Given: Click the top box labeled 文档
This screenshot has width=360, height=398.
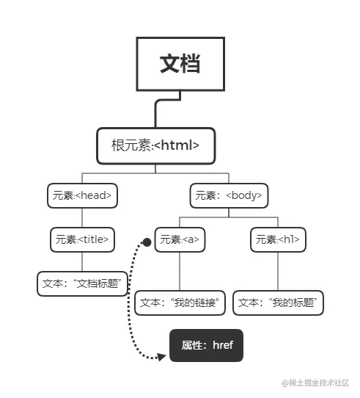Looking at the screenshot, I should point(180,64).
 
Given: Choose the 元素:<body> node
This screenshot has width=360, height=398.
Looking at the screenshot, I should point(228,196).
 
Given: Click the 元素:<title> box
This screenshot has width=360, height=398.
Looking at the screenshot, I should point(83,239).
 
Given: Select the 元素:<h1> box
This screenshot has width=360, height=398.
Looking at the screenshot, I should point(278,239).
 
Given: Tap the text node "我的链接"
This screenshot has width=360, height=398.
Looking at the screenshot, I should point(180,302).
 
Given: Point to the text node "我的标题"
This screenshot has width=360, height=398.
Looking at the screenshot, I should point(278,302).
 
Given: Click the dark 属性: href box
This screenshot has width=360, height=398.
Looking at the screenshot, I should point(206,345).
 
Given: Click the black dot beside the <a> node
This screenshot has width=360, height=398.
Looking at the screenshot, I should point(147,241).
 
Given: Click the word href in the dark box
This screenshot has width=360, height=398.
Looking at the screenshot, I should point(222,345).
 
